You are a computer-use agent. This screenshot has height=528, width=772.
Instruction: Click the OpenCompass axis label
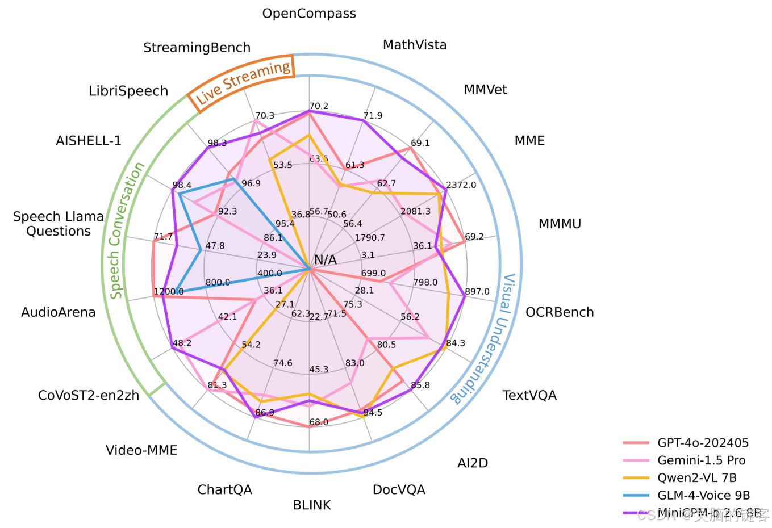point(309,14)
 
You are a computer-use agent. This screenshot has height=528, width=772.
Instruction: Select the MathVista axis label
point(415,45)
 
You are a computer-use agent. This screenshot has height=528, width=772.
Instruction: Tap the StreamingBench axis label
point(197,48)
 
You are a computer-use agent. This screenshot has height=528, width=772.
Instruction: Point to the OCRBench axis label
point(560,312)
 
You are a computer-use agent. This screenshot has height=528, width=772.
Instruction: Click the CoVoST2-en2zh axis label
point(89,395)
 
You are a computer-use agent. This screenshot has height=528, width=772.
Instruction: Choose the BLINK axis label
point(312,505)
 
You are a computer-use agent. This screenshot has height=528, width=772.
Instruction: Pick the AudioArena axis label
point(59,312)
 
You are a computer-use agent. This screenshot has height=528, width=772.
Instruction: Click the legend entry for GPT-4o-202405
point(703,443)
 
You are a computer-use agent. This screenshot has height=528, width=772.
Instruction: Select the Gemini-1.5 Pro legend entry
point(701,460)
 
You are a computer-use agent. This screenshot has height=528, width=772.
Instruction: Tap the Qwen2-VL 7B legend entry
point(696,478)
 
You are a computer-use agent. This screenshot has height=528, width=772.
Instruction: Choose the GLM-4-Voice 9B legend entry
point(703,496)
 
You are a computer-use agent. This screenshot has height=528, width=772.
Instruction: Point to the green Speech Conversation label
point(127,231)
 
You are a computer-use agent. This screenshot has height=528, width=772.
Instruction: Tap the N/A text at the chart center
point(326,260)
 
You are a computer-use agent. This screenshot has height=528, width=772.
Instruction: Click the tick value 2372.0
point(461,185)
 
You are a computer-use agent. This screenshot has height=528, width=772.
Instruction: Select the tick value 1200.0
point(169,292)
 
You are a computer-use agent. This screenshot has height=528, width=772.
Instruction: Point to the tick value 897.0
point(477,292)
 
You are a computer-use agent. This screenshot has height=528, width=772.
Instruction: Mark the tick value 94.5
point(373,412)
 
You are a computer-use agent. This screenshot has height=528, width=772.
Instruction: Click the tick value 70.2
point(319,106)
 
